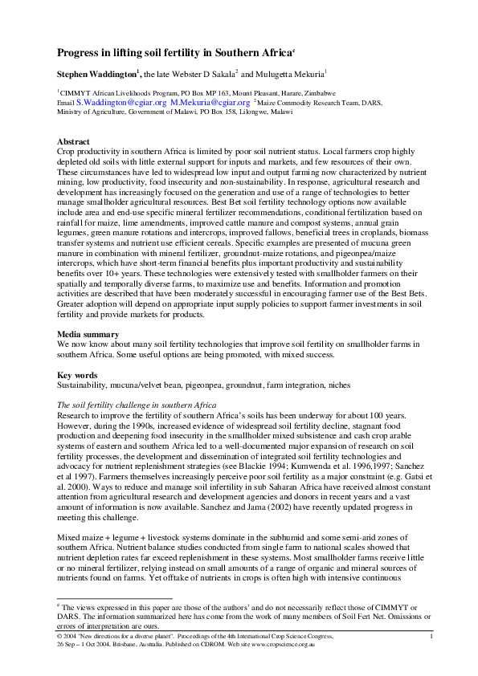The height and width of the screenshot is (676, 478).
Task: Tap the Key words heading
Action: point(78,375)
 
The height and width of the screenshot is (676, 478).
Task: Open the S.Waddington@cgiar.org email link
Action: point(121,103)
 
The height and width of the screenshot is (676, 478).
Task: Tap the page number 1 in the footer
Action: point(432,637)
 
